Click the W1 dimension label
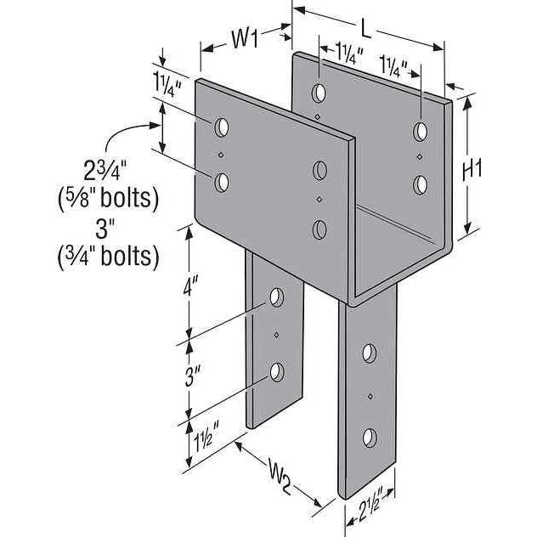244,38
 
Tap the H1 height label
472,169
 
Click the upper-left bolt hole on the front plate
222,127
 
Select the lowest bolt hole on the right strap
370,438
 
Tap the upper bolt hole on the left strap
276,298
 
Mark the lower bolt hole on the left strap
276,371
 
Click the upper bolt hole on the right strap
370,353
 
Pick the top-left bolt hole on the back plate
318,92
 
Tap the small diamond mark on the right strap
370,395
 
